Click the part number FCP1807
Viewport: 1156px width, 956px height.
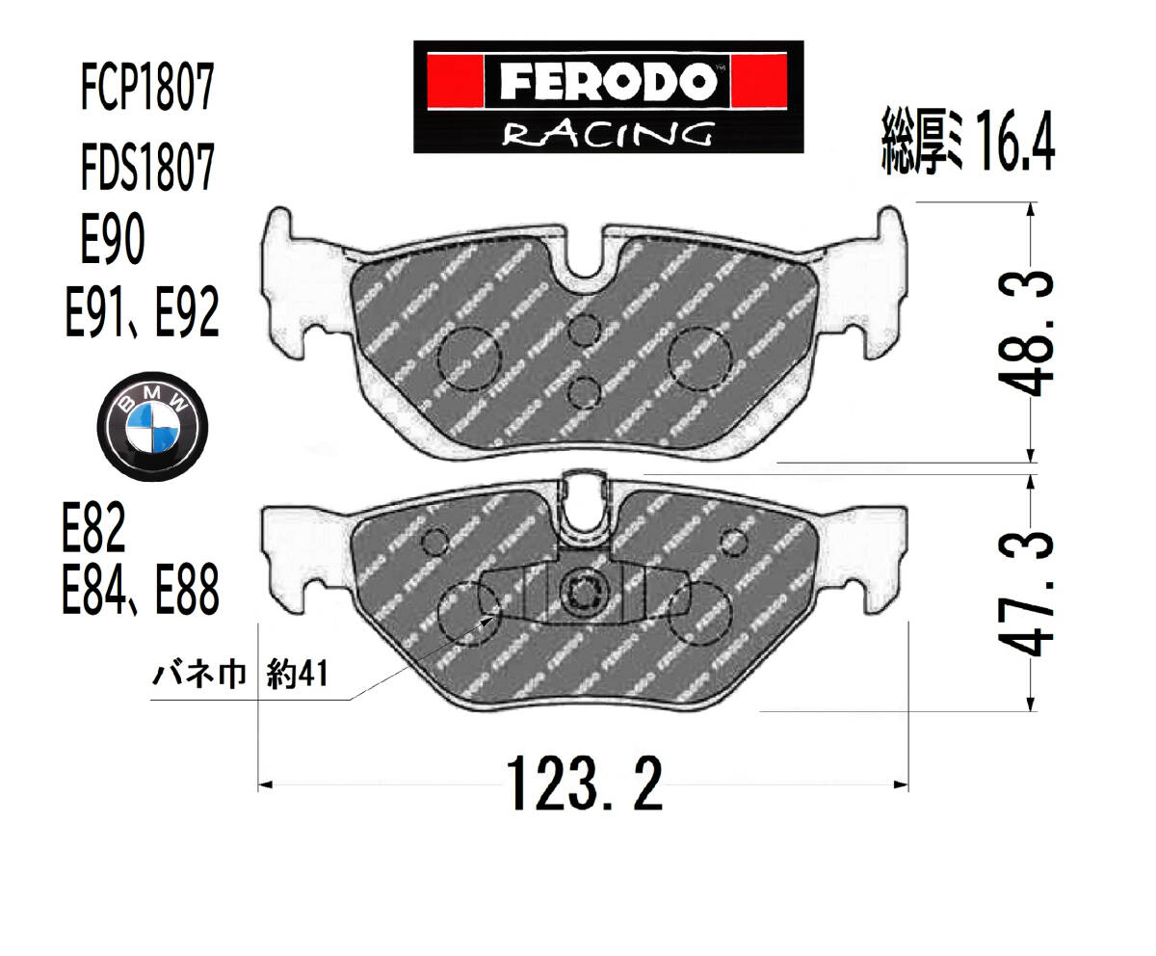click(147, 88)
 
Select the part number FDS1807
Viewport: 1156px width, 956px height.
click(147, 166)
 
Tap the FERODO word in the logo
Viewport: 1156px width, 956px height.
click(608, 81)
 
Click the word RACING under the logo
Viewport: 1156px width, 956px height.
click(607, 134)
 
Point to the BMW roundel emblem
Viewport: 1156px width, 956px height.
click(152, 427)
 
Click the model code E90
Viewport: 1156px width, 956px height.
click(113, 239)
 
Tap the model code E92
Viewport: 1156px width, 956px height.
click(187, 312)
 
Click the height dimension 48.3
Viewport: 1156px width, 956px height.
click(1025, 334)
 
